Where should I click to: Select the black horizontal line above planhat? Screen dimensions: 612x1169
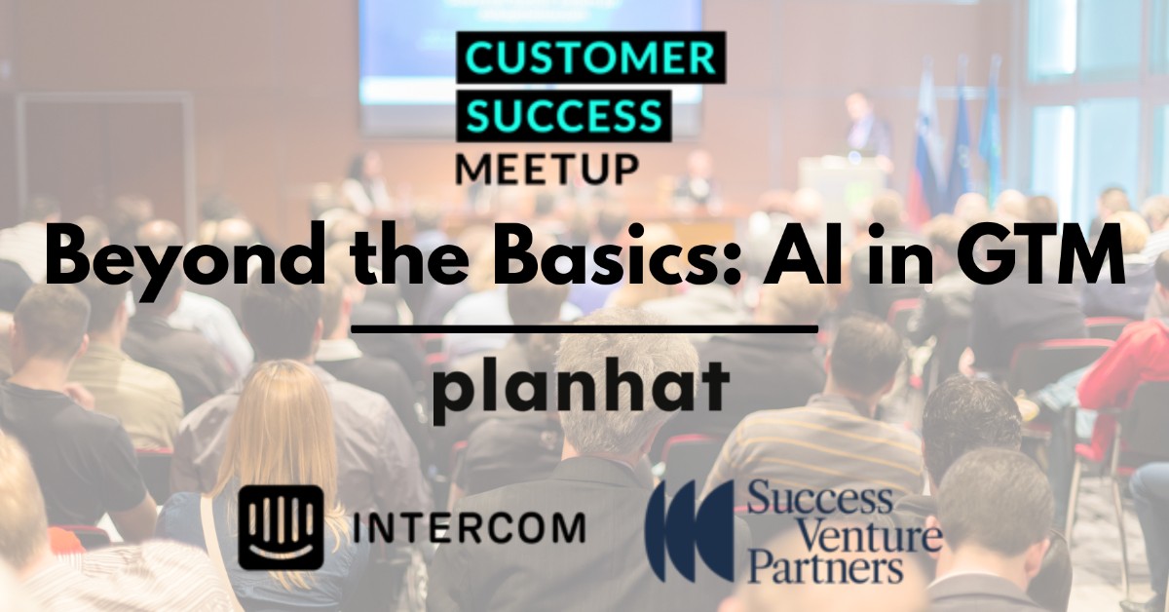pos(584,329)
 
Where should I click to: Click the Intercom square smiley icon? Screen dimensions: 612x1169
pos(281,527)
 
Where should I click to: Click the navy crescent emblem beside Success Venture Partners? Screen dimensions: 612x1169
pos(689,530)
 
